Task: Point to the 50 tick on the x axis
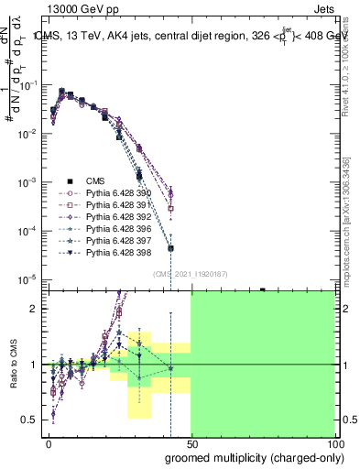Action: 191,443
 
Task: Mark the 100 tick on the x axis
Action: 333,443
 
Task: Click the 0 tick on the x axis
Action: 49,443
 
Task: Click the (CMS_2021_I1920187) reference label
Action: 190,274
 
